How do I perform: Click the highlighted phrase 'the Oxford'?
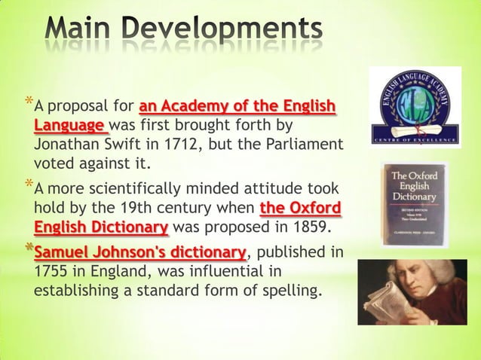299,208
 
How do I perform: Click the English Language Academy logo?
415,107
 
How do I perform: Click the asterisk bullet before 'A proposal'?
28,101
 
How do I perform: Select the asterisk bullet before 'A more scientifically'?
28,185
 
